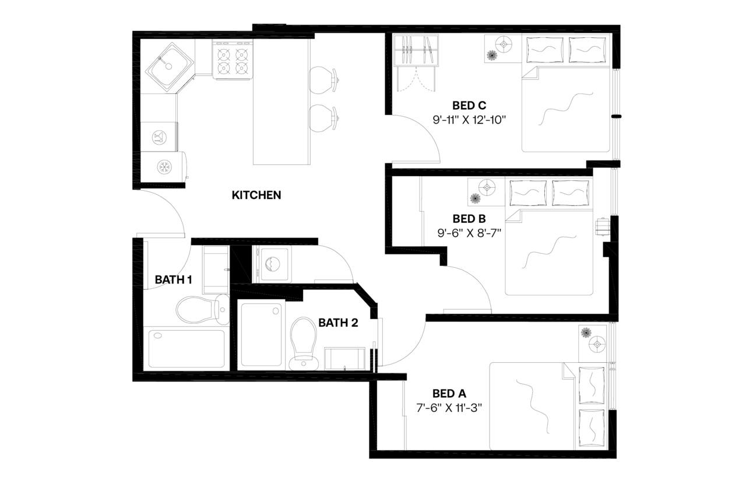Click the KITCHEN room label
[256, 195]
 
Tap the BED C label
[469, 106]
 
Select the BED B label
[469, 219]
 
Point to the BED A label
[449, 393]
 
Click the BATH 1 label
[173, 280]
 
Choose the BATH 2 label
[338, 323]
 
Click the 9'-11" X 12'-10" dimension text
[469, 121]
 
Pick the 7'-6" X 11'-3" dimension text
[449, 408]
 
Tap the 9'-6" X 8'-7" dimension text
[469, 233]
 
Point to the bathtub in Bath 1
[186, 349]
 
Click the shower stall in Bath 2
[261, 335]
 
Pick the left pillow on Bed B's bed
[528, 191]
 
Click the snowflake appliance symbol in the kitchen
[164, 167]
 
